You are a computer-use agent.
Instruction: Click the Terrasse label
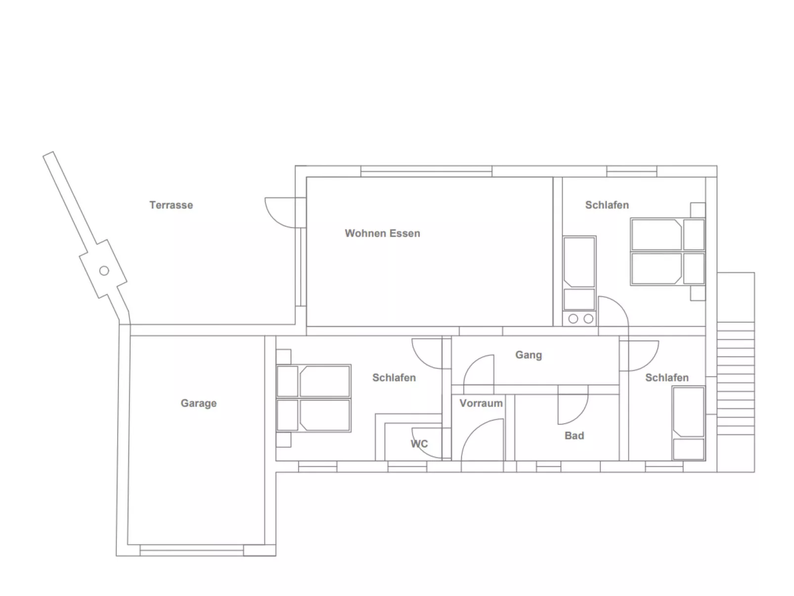click(171, 205)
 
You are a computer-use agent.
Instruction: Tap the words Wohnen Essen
click(382, 233)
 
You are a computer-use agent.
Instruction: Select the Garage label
click(199, 403)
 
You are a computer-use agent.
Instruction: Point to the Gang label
click(529, 355)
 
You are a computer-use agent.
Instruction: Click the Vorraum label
click(481, 403)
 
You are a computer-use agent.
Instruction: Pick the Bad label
click(574, 436)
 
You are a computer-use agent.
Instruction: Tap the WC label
click(419, 444)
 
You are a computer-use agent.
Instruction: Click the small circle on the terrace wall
click(104, 271)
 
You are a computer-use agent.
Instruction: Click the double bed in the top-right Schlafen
click(668, 252)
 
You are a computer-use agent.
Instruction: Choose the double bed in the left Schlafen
click(313, 398)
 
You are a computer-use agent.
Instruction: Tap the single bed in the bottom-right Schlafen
click(689, 423)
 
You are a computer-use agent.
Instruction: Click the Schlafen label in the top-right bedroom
click(607, 205)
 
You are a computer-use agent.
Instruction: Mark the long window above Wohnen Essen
click(426, 171)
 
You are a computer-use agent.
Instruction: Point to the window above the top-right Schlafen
click(631, 171)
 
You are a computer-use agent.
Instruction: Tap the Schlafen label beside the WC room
click(394, 378)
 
